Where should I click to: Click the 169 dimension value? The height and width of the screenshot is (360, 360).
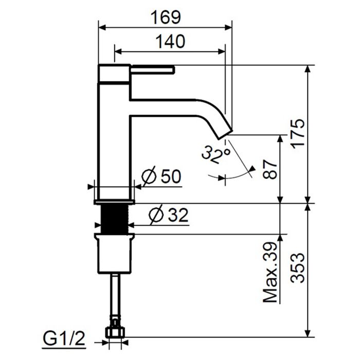click(165, 17)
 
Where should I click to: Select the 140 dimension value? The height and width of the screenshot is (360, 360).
click(169, 42)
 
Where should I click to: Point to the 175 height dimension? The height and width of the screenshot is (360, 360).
click(299, 134)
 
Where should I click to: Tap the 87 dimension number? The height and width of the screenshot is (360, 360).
click(271, 168)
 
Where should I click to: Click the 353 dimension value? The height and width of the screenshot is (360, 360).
click(299, 268)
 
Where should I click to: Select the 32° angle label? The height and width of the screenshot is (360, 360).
click(214, 154)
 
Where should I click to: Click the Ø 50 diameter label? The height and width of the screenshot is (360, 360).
click(160, 177)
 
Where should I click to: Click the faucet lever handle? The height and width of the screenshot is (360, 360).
click(153, 69)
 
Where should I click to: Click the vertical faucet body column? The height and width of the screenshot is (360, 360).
click(114, 144)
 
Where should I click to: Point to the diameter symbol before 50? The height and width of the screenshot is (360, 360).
click(148, 177)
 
